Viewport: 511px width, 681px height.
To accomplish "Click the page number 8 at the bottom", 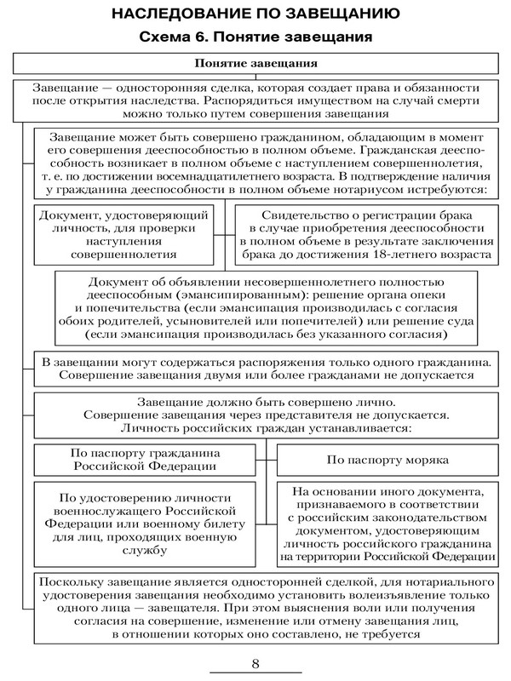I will (x=255, y=664).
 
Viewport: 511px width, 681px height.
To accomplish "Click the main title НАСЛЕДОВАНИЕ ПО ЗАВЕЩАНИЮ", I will (x=255, y=14).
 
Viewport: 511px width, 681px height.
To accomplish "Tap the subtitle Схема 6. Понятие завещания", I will (x=255, y=37).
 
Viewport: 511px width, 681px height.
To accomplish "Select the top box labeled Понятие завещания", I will (x=256, y=64).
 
